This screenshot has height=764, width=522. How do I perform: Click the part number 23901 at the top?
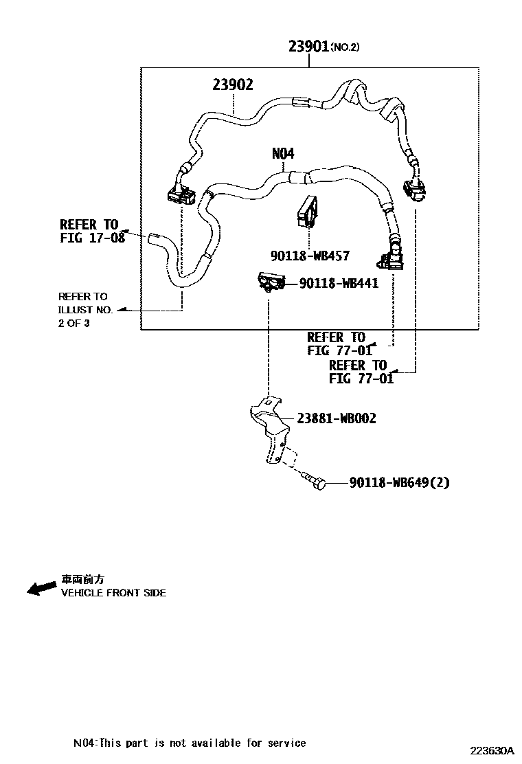pyautogui.click(x=309, y=46)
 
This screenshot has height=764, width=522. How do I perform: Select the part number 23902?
pyautogui.click(x=233, y=85)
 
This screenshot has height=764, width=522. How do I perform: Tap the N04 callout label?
pyautogui.click(x=283, y=154)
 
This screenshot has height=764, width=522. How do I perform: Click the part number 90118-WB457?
pyautogui.click(x=310, y=256)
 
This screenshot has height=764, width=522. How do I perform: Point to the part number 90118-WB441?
pyautogui.click(x=339, y=283)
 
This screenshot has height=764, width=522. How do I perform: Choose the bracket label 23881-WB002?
pyautogui.click(x=337, y=418)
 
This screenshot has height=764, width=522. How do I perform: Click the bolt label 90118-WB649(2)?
pyautogui.click(x=399, y=482)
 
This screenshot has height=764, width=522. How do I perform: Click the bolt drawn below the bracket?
pyautogui.click(x=314, y=481)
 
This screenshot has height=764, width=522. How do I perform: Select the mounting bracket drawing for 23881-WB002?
pyautogui.click(x=272, y=429)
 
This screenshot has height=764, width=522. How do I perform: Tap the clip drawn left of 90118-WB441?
pyautogui.click(x=271, y=283)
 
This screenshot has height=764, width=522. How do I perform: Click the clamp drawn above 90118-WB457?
pyautogui.click(x=308, y=212)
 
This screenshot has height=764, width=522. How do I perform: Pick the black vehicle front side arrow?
pyautogui.click(x=41, y=587)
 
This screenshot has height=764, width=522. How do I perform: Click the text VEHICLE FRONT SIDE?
pyautogui.click(x=113, y=593)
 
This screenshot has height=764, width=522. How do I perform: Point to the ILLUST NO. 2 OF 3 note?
pyautogui.click(x=85, y=310)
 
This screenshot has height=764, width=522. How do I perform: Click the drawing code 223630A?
pyautogui.click(x=492, y=750)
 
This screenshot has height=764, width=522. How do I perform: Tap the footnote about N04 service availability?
pyautogui.click(x=190, y=743)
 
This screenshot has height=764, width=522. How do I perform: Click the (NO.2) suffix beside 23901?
pyautogui.click(x=345, y=47)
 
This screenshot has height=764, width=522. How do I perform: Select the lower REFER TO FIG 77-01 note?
pyautogui.click(x=358, y=372)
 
